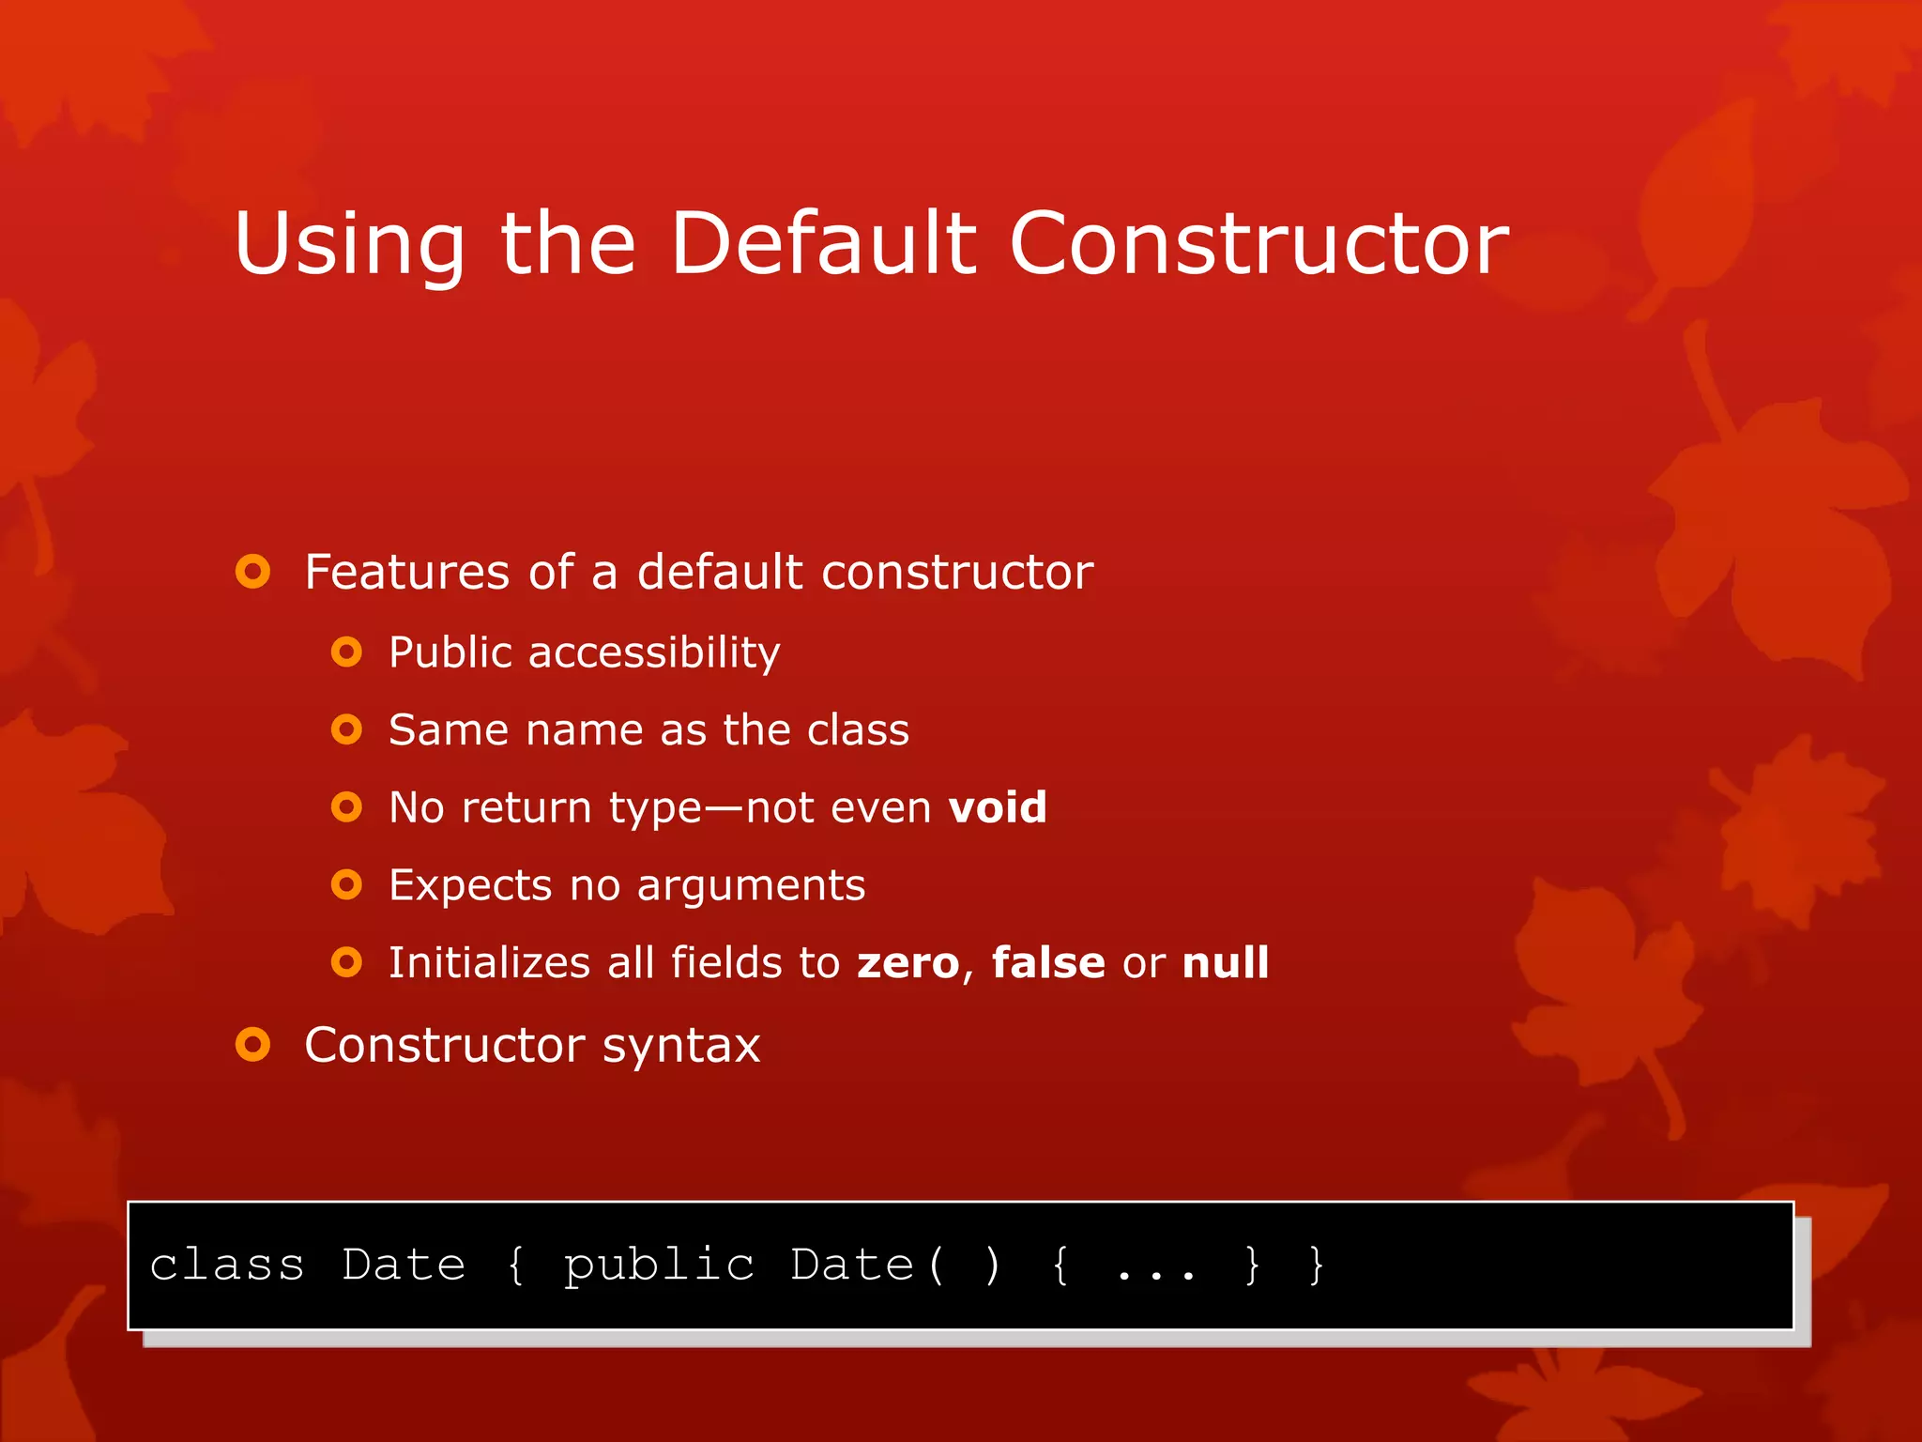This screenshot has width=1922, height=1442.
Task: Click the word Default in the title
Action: click(x=824, y=243)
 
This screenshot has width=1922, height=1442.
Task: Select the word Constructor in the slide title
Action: click(x=1258, y=243)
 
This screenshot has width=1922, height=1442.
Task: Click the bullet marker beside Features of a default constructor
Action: click(x=253, y=572)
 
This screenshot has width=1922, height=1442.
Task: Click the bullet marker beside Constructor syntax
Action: click(x=253, y=1044)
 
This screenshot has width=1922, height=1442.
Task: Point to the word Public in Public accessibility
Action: click(x=450, y=652)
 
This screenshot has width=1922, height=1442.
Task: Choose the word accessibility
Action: click(x=654, y=652)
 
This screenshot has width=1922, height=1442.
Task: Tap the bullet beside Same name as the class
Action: click(x=346, y=729)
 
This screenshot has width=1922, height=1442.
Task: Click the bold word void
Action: click(x=997, y=807)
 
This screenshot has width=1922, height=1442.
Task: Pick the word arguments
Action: click(x=751, y=886)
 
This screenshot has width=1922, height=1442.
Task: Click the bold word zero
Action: click(x=908, y=963)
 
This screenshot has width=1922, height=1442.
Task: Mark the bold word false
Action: click(x=1048, y=963)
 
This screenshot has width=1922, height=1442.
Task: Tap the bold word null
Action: click(x=1226, y=963)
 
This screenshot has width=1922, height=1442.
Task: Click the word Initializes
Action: click(x=489, y=963)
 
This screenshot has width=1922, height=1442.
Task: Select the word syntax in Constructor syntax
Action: click(x=680, y=1046)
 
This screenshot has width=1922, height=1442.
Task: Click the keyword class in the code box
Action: click(x=227, y=1266)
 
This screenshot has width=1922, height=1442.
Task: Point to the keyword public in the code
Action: click(x=659, y=1266)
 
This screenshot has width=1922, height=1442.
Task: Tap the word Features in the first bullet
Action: click(x=406, y=572)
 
